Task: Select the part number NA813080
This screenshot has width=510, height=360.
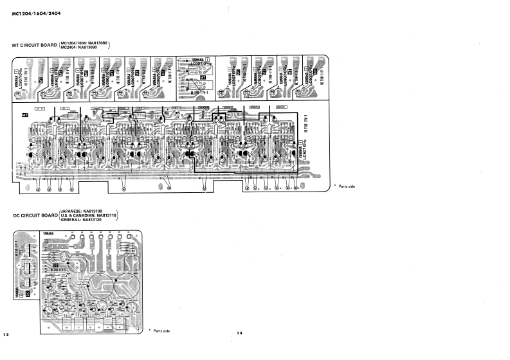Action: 98,42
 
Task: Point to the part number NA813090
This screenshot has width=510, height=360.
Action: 96,47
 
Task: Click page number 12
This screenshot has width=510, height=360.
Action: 6,334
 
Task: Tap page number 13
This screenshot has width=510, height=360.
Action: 239,333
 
